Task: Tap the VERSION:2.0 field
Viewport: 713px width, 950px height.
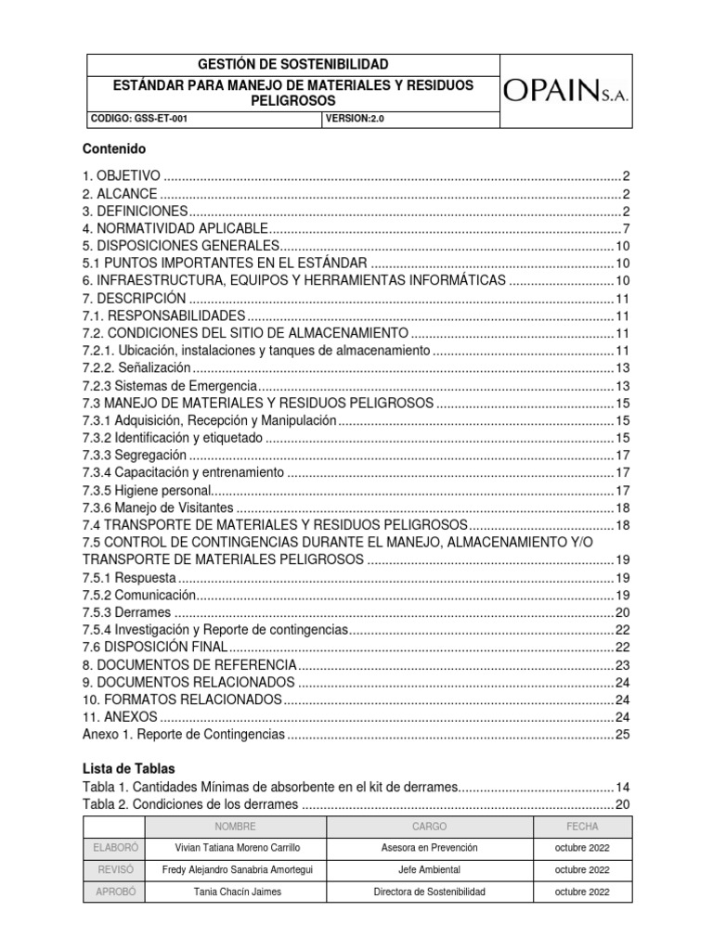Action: tap(350, 120)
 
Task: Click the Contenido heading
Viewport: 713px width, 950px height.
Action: tap(114, 148)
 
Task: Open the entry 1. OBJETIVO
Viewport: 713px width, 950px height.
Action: tap(123, 176)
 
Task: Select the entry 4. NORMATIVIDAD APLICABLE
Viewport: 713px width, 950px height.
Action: tap(175, 228)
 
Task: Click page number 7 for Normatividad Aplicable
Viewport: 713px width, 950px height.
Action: tap(627, 228)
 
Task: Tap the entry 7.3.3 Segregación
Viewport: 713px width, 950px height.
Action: tap(135, 456)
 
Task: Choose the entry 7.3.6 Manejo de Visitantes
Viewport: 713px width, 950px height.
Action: tap(158, 507)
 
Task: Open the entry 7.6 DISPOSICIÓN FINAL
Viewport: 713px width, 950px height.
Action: tap(154, 648)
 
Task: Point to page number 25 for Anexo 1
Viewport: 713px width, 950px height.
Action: tap(623, 735)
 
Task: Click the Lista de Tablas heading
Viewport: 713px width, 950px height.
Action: tap(128, 769)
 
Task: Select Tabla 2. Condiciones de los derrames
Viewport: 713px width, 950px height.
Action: tap(190, 804)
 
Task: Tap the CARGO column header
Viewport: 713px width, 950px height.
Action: tap(428, 826)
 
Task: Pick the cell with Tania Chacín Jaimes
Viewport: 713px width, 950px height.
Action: tap(238, 892)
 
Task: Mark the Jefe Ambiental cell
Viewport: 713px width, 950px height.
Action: tap(428, 870)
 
